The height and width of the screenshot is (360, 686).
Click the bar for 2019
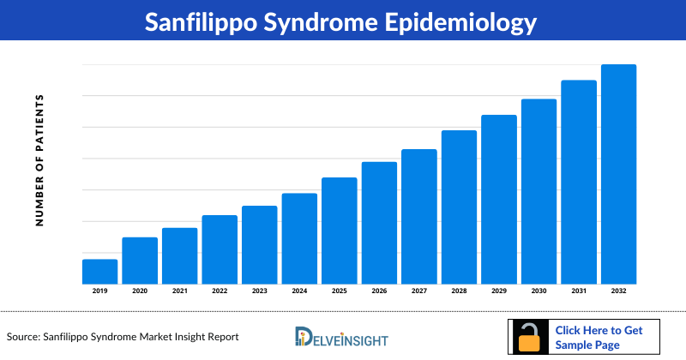tap(99, 271)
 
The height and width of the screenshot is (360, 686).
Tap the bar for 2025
tap(339, 231)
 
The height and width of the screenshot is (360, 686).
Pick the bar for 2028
tap(459, 207)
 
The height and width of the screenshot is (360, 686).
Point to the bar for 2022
tap(220, 249)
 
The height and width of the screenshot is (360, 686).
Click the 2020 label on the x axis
tap(140, 291)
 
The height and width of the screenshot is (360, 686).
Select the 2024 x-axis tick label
tap(299, 291)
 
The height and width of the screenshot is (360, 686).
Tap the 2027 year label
tap(418, 291)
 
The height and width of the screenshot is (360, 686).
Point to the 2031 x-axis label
tap(578, 291)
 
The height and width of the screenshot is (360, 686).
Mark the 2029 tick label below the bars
tap(498, 291)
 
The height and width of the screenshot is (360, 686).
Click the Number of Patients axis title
tap(39, 159)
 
